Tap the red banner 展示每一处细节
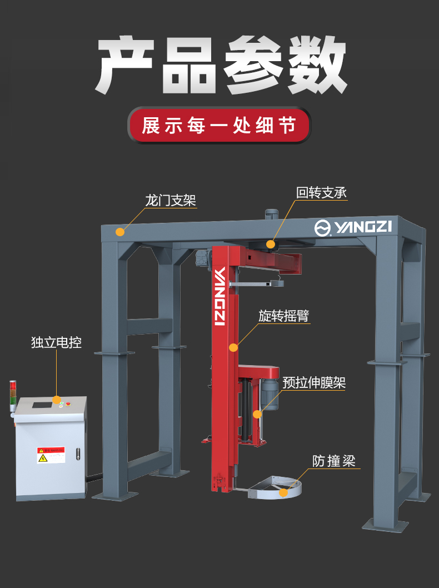click(x=219, y=126)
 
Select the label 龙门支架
click(x=171, y=200)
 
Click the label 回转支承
click(x=321, y=193)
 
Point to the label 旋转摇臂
click(x=283, y=316)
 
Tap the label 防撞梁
click(x=333, y=461)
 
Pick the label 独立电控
click(x=56, y=342)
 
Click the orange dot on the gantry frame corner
click(x=120, y=232)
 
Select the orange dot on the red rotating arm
click(x=233, y=348)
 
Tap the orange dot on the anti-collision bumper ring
click(x=283, y=492)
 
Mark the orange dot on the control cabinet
click(x=56, y=400)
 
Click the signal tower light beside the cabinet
click(x=13, y=395)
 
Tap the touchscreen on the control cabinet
click(x=41, y=403)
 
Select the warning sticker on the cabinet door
click(x=51, y=455)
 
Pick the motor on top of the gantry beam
click(x=271, y=213)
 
